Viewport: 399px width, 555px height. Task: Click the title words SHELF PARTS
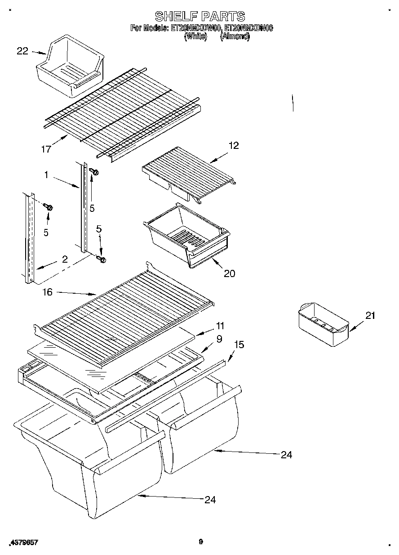[200, 17]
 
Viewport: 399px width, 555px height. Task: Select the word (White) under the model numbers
[195, 37]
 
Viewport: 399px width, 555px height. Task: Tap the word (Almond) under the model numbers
[235, 37]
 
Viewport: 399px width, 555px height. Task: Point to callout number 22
[22, 51]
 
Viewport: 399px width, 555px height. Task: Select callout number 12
[233, 145]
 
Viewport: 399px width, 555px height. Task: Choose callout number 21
[369, 316]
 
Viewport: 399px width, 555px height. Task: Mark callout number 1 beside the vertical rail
[46, 175]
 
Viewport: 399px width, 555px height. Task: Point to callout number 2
[65, 259]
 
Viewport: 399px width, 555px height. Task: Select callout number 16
[47, 292]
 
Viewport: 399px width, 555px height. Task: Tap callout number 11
[220, 326]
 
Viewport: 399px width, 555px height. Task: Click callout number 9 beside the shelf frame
[219, 340]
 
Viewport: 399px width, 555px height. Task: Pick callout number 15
[239, 345]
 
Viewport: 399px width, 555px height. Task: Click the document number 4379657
[23, 543]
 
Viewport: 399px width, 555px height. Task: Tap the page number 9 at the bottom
[201, 542]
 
